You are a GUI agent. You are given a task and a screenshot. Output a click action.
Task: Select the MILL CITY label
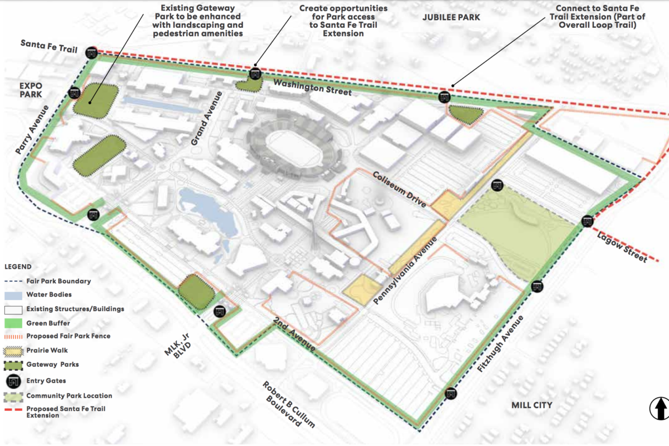pyautogui.click(x=531, y=405)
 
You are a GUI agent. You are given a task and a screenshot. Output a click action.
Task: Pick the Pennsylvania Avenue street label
pyautogui.click(x=405, y=268)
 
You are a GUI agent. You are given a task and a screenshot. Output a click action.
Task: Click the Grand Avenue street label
pyautogui.click(x=207, y=119)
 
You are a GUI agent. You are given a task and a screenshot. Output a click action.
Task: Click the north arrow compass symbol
pyautogui.click(x=659, y=408)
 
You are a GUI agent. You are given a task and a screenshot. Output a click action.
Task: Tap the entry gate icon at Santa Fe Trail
pyautogui.click(x=92, y=53)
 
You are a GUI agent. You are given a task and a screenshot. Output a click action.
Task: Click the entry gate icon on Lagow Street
pyautogui.click(x=587, y=221)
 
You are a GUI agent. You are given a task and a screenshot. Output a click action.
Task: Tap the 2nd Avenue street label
pyautogui.click(x=295, y=334)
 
